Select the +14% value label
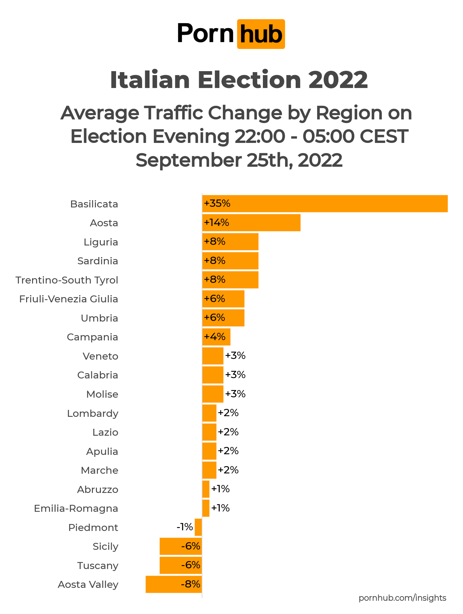click(x=217, y=223)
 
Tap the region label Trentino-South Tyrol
click(x=67, y=280)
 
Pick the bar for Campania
click(x=216, y=337)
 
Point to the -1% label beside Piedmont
click(x=185, y=527)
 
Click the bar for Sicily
click(x=181, y=546)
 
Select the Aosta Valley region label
click(x=88, y=585)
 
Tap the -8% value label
click(x=190, y=584)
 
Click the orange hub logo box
click(x=261, y=34)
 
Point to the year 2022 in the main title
click(x=338, y=80)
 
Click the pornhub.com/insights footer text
click(x=402, y=598)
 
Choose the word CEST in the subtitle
click(x=384, y=136)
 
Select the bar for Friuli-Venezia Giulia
click(x=223, y=299)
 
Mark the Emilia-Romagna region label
click(x=76, y=508)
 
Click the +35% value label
click(x=217, y=203)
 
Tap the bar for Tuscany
click(x=181, y=565)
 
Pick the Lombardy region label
click(x=93, y=414)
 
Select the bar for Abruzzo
click(x=206, y=489)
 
